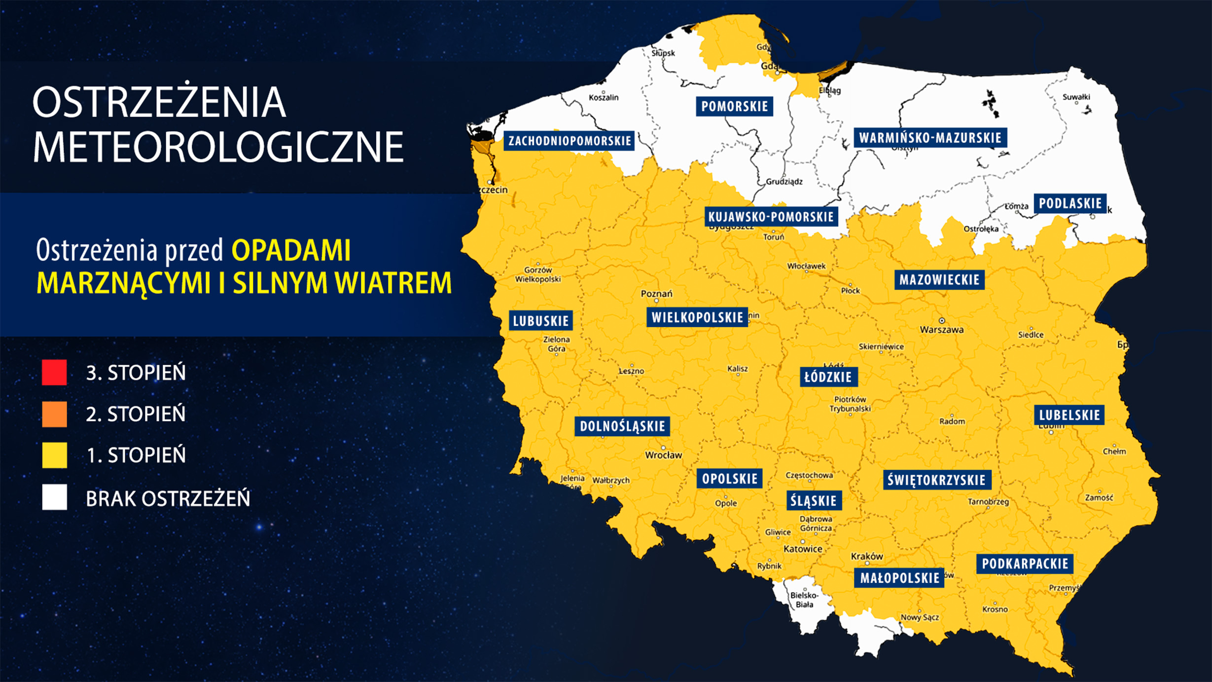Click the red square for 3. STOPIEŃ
(54, 372)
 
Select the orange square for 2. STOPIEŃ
(54, 414)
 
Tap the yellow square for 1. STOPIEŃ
(54, 455)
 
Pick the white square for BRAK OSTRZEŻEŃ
(54, 497)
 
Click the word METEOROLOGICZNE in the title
(218, 147)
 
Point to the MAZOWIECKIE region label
(939, 280)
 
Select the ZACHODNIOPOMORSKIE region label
(570, 141)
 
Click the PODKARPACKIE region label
(1025, 564)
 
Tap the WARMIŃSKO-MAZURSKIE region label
(930, 138)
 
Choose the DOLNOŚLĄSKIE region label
(622, 426)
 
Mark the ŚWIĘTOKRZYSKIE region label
(936, 480)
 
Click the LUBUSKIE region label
(541, 321)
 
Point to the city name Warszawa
(941, 330)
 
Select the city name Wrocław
(663, 455)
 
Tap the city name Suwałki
(1076, 97)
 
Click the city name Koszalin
(604, 98)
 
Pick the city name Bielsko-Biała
(804, 600)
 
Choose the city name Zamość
(1099, 498)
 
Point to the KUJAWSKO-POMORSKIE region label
(771, 217)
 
